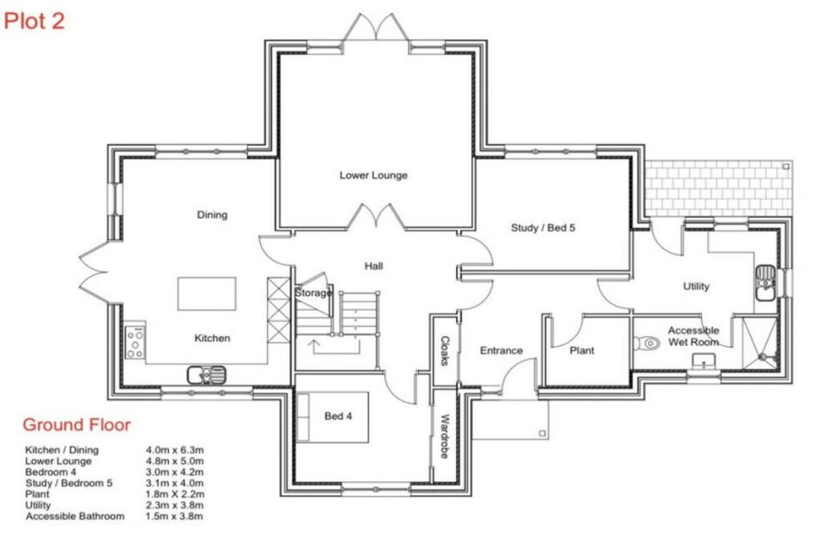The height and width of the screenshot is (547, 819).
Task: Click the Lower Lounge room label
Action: (x=374, y=175)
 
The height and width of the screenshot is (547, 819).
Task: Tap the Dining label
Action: (x=212, y=215)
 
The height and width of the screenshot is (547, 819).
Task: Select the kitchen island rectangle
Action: (x=207, y=294)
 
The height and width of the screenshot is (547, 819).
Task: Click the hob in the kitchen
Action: (x=135, y=343)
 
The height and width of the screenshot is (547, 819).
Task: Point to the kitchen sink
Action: (x=207, y=375)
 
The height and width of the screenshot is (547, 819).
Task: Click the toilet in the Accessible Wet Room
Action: (x=646, y=344)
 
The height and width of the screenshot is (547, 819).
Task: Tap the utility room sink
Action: (x=765, y=283)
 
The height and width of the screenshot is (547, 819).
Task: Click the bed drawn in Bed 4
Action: (x=333, y=417)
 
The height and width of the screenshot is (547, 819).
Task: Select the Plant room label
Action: (x=582, y=350)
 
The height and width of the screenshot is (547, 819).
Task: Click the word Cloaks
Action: (x=445, y=350)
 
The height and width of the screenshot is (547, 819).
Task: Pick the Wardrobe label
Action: (x=445, y=436)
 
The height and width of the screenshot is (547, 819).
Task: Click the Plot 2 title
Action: (x=34, y=20)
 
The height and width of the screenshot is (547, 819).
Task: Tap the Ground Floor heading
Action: (x=76, y=424)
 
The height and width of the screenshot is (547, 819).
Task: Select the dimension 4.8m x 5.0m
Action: (x=175, y=461)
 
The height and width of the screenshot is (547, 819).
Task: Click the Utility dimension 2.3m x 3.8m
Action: (x=175, y=505)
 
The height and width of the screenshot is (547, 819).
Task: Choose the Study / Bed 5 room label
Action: (x=543, y=227)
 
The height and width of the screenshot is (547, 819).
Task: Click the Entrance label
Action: (x=501, y=350)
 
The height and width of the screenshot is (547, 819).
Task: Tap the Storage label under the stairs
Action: (x=313, y=293)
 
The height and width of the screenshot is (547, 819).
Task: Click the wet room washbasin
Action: (x=704, y=361)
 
